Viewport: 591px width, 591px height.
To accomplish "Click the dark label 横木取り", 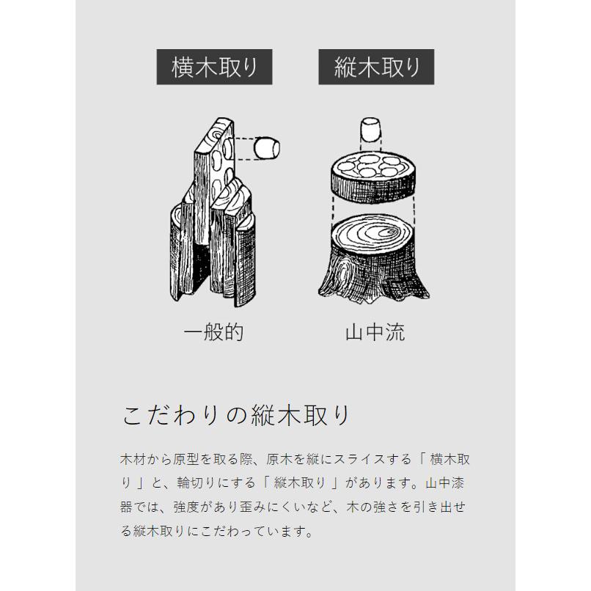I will pyautogui.click(x=215, y=69).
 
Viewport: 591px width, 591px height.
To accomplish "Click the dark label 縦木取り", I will pyautogui.click(x=376, y=69).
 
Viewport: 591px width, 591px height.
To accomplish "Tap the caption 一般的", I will pyautogui.click(x=213, y=333).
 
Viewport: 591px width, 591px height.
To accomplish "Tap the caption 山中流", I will pyautogui.click(x=375, y=333).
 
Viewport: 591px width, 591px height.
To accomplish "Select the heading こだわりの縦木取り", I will pyautogui.click(x=236, y=415).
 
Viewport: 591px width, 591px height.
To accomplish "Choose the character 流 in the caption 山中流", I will pyautogui.click(x=394, y=333).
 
